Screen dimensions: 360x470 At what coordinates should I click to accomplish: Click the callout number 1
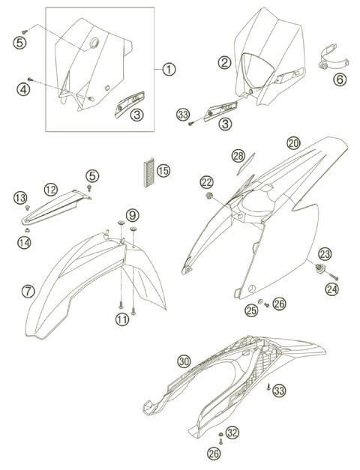[x=169, y=70]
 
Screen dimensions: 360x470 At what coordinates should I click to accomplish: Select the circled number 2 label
[x=224, y=63]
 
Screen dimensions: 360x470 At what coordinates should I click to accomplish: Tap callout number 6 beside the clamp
[x=340, y=79]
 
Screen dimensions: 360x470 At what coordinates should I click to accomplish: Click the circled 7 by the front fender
[x=28, y=291]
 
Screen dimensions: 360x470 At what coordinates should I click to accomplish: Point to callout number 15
[x=163, y=171]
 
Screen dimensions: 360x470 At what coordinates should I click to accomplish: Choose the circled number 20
[x=293, y=143]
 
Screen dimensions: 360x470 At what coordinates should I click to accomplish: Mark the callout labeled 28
[x=238, y=156]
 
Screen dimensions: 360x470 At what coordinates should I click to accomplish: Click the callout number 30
[x=184, y=362]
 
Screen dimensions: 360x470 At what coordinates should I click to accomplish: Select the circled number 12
[x=51, y=190]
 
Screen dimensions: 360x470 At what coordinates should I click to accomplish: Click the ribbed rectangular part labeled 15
[x=149, y=172]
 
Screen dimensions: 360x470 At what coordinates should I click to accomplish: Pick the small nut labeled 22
[x=208, y=196]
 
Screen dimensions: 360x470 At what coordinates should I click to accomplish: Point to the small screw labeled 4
[x=30, y=79]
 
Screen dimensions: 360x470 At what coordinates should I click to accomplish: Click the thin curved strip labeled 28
[x=246, y=163]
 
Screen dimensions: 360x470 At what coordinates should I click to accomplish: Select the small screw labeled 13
[x=28, y=208]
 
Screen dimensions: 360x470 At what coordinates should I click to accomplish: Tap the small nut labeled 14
[x=27, y=230]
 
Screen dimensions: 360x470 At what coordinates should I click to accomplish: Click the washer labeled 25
[x=260, y=301]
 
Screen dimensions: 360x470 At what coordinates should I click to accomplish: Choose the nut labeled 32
[x=220, y=434]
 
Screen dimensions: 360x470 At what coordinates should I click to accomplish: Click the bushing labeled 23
[x=319, y=266]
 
